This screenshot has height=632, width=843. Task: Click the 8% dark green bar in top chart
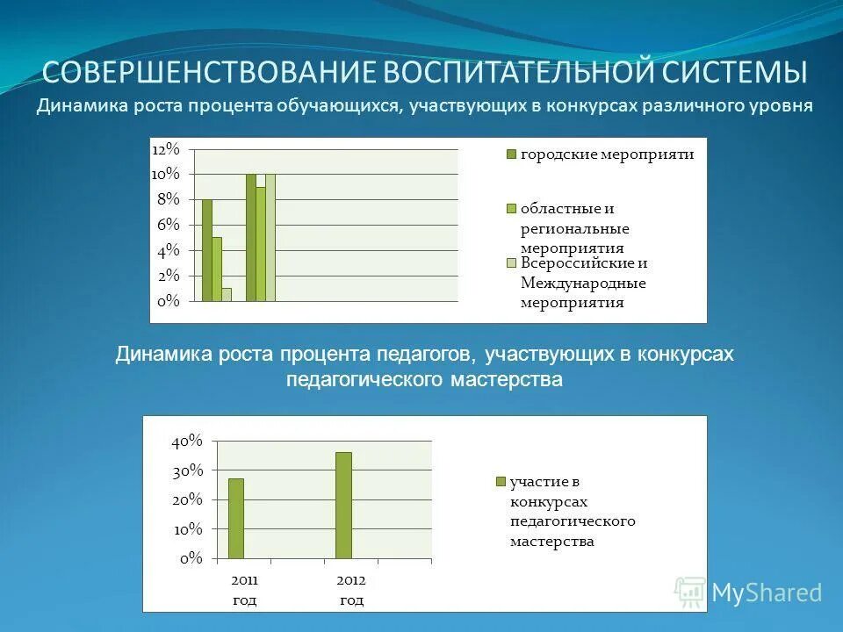tap(206, 250)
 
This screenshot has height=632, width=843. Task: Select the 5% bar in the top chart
tap(217, 269)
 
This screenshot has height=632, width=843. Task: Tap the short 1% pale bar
tap(227, 294)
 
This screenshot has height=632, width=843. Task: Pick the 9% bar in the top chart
tap(261, 243)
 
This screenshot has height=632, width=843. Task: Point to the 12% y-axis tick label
tap(165, 148)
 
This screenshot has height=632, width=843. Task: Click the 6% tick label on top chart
tap(168, 225)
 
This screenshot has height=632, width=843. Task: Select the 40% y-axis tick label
tap(187, 441)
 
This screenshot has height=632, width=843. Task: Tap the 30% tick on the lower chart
tap(187, 470)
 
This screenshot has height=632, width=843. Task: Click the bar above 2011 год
tap(236, 518)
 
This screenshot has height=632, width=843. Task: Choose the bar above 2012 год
tap(343, 505)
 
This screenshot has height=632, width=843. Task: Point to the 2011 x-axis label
tap(245, 581)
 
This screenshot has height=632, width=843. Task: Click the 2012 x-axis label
tap(351, 581)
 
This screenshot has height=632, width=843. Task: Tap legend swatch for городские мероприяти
tap(510, 154)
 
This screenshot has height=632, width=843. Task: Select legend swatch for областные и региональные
tap(510, 209)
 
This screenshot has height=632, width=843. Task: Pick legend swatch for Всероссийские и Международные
tap(510, 262)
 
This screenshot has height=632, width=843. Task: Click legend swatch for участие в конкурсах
tap(501, 481)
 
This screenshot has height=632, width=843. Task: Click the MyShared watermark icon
tap(690, 592)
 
